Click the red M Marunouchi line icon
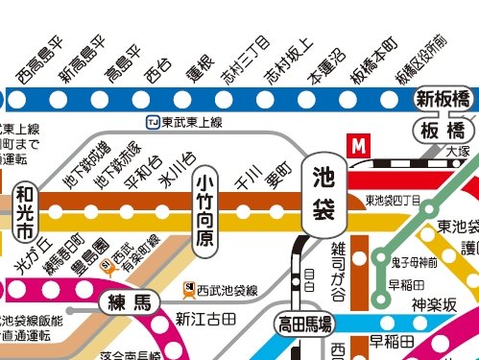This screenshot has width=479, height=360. click(359, 146)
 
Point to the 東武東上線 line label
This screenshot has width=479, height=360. click(192, 122)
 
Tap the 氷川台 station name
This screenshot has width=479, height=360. click(175, 167)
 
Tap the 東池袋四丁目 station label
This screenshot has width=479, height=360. click(392, 201)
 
